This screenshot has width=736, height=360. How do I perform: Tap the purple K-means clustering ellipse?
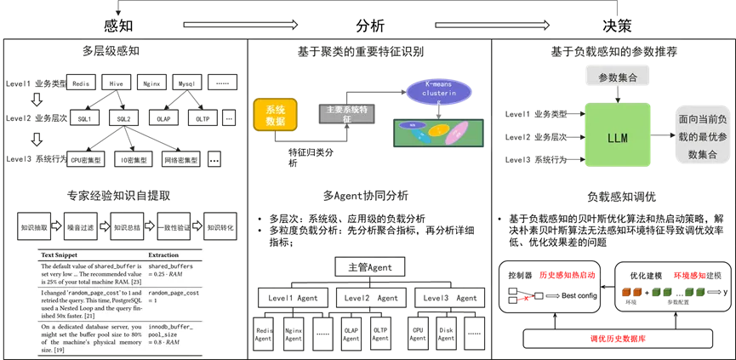click(438, 93)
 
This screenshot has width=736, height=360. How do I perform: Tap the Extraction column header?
click(168, 255)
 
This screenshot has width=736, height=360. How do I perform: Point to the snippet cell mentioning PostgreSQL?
click(90, 301)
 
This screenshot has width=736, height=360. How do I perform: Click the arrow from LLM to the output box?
click(662, 134)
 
